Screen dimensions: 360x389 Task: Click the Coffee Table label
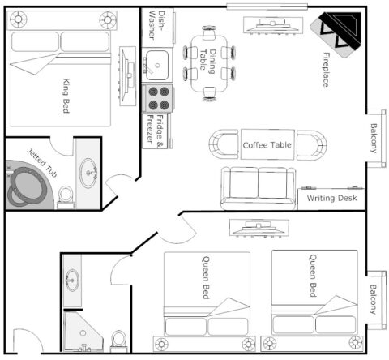coord(267,145)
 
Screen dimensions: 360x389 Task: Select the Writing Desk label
coord(332,197)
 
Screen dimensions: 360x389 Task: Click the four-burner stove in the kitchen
coord(160,98)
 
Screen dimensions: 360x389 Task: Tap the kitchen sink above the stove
coord(156,61)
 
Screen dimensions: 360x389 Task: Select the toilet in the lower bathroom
coord(119,340)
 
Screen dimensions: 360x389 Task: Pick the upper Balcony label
coord(374,137)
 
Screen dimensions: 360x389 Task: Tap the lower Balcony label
coord(374,299)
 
